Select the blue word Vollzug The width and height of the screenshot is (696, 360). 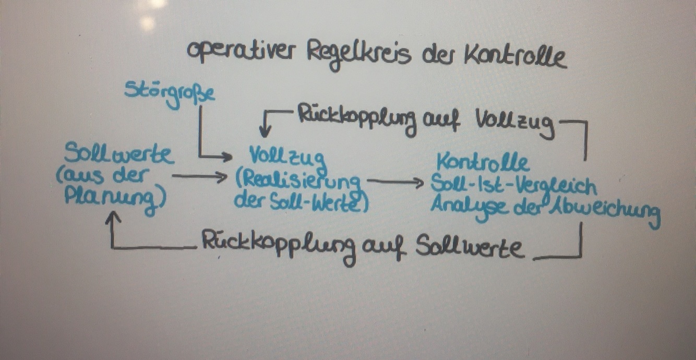point(287,157)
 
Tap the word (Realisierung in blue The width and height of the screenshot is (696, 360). point(298,181)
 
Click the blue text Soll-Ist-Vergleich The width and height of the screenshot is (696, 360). point(513,184)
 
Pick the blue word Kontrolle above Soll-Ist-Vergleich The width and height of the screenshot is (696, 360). point(483,162)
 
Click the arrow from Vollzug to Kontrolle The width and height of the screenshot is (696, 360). point(397,182)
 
